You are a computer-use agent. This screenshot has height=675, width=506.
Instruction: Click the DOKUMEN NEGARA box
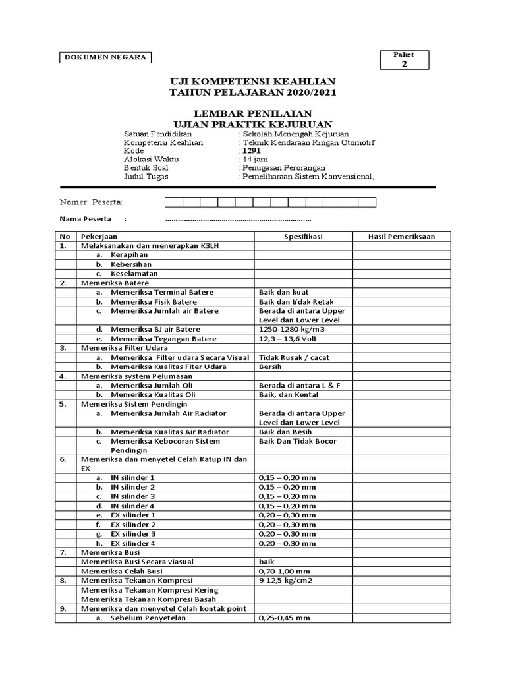point(105,57)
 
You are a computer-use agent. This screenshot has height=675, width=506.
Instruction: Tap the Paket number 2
point(405,64)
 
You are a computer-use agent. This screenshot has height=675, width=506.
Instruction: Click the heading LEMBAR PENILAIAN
point(252,114)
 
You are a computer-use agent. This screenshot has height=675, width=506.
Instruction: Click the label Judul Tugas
point(146,177)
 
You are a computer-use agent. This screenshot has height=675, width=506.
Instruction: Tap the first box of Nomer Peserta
point(173,202)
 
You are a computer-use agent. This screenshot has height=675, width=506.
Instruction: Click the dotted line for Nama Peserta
point(238,220)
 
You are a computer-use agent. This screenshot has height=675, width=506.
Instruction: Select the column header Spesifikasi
point(303,237)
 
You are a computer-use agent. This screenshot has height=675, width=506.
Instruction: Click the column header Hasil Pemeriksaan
point(401,237)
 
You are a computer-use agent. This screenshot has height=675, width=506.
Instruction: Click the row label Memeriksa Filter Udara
point(125,348)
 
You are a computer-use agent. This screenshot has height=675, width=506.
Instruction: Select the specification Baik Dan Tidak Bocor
point(298,441)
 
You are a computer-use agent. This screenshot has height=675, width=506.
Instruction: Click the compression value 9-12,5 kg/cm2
point(286,580)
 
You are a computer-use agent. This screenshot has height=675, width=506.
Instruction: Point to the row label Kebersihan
point(129,264)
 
